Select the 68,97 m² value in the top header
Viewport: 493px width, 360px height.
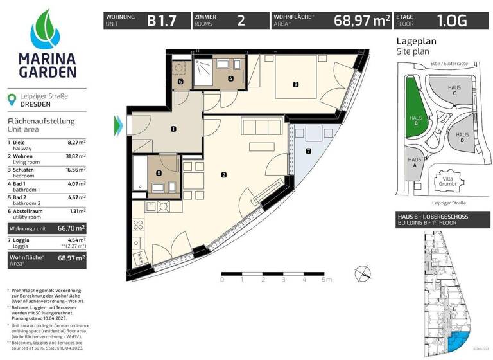pos(362,20)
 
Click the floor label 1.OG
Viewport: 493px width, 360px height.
pos(453,20)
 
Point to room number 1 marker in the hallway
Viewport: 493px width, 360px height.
pos(173,129)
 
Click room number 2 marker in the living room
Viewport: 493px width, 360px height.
pos(223,174)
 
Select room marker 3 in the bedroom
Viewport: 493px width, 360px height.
pos(295,84)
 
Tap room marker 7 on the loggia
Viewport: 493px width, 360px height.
pos(308,152)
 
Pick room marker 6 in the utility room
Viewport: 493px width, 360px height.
pos(180,82)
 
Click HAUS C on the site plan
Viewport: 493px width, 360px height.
pos(453,91)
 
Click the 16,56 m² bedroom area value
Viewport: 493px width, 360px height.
pos(77,172)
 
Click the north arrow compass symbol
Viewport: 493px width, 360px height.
pos(361,271)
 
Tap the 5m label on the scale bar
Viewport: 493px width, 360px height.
pos(327,280)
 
